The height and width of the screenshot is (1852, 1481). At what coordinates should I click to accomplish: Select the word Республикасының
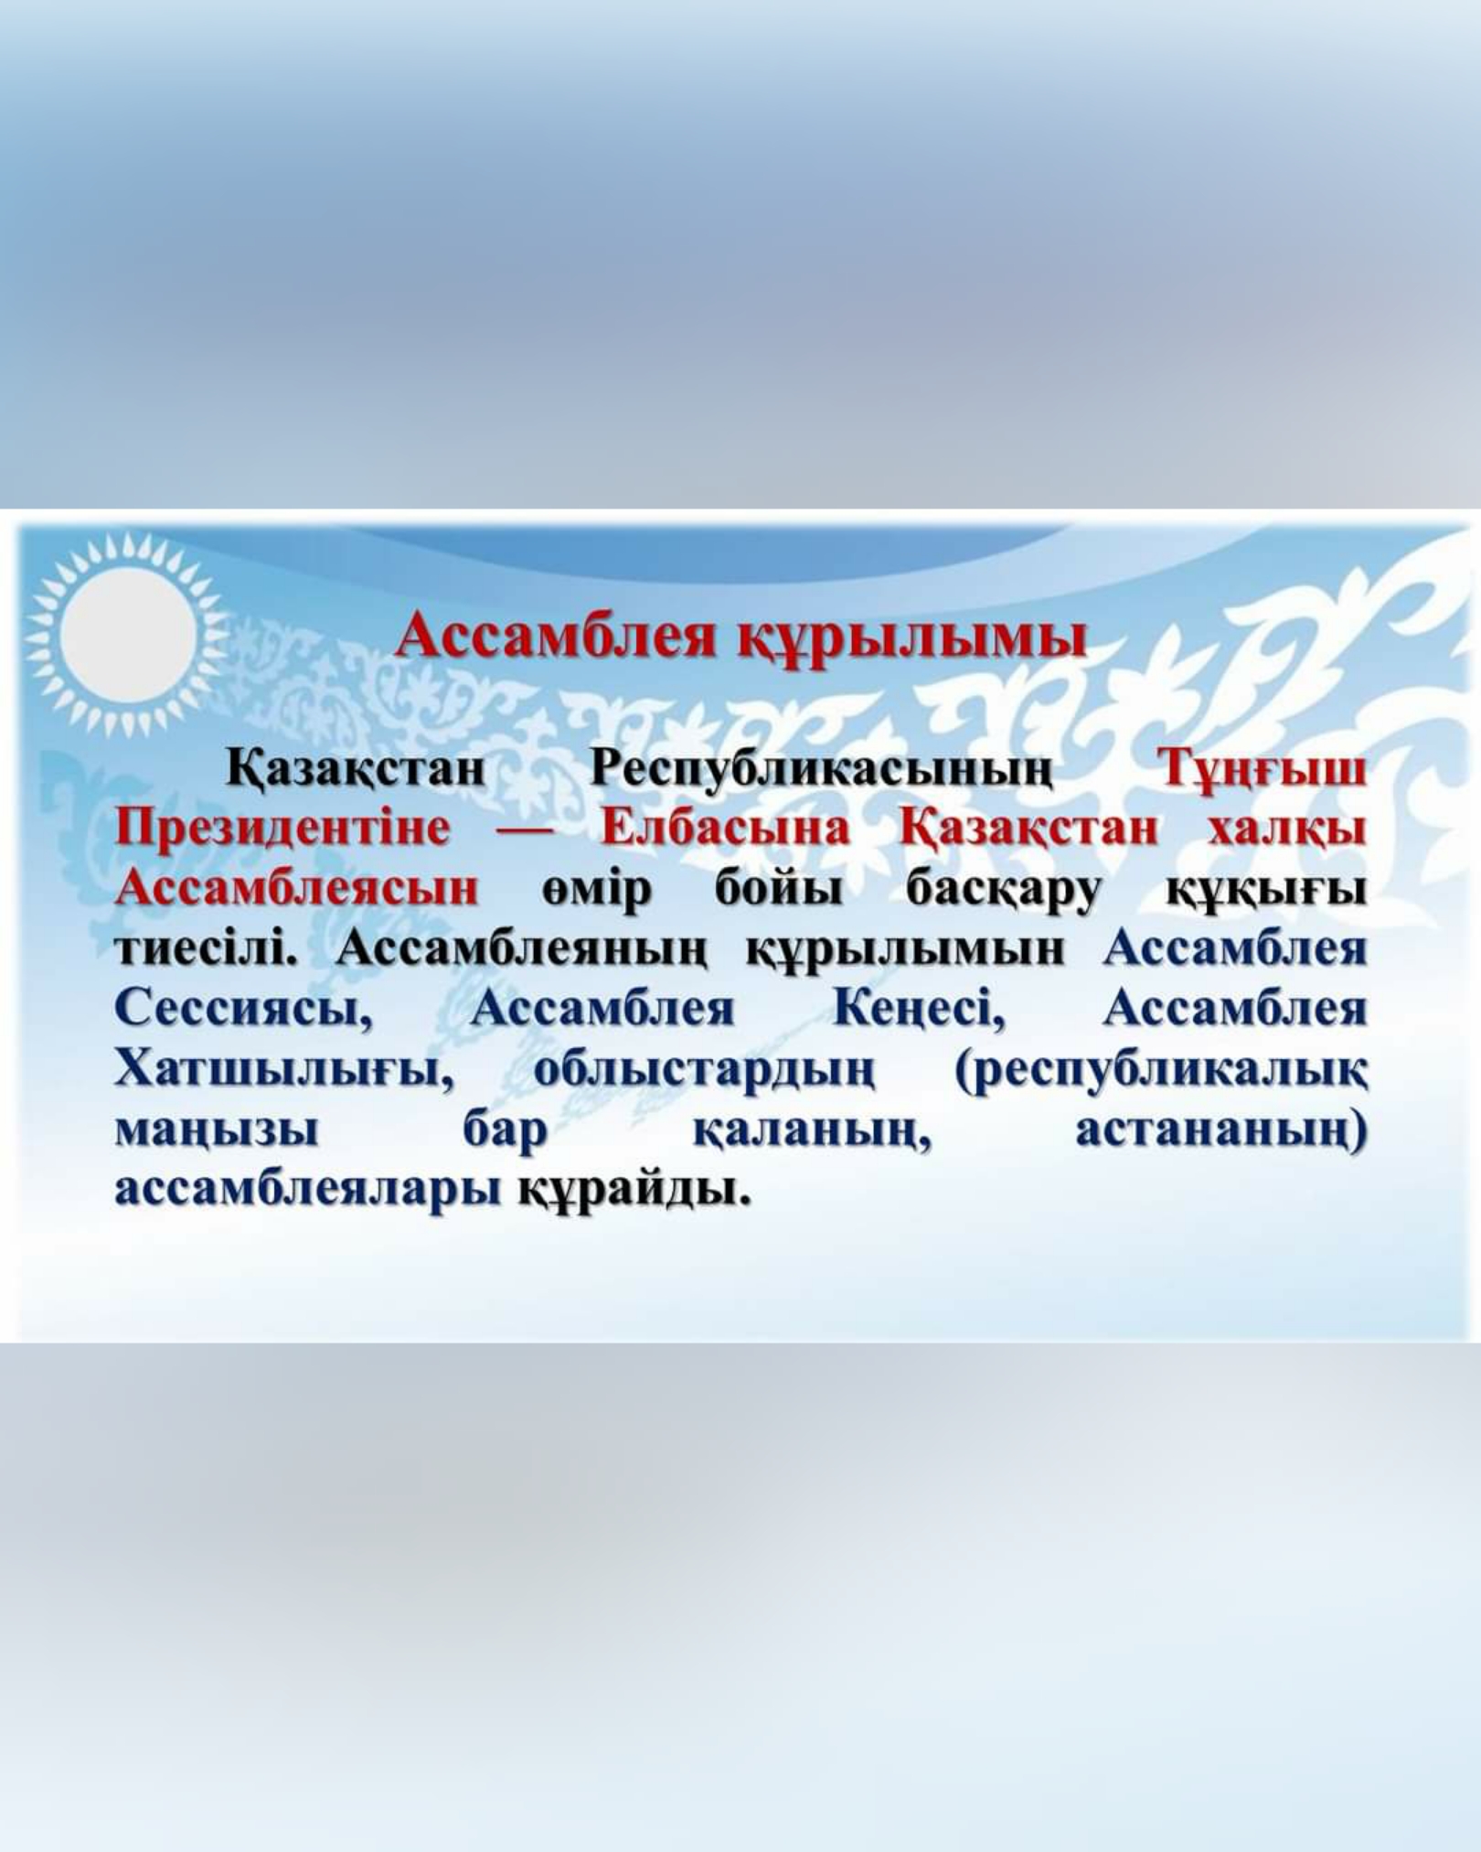pos(820,770)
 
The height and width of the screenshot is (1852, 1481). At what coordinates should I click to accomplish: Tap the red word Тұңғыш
pos(1263,770)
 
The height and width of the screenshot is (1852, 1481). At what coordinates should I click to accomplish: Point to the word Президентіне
pos(282,830)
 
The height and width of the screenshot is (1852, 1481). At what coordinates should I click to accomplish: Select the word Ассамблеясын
pos(296,888)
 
